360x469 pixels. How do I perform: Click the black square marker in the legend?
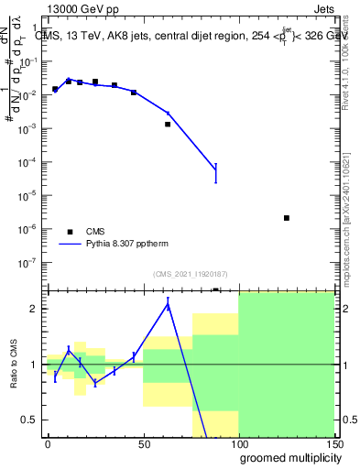tap(70, 232)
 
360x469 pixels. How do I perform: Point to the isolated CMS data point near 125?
tap(287, 218)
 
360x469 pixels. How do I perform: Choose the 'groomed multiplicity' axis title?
tap(287, 458)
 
